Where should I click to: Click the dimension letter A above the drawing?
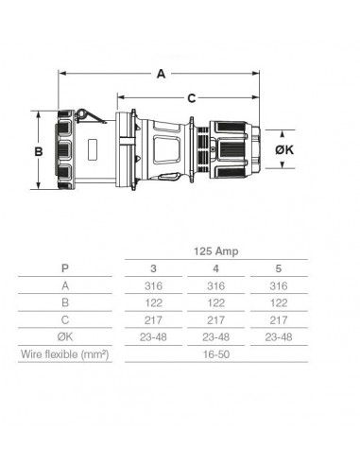click(x=162, y=71)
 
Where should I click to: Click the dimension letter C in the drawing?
click(x=192, y=96)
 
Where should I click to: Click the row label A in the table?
click(x=64, y=285)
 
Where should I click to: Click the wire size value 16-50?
click(x=217, y=354)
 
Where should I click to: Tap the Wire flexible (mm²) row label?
click(x=64, y=354)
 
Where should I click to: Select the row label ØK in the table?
click(x=64, y=336)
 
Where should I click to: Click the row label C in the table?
click(x=64, y=319)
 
